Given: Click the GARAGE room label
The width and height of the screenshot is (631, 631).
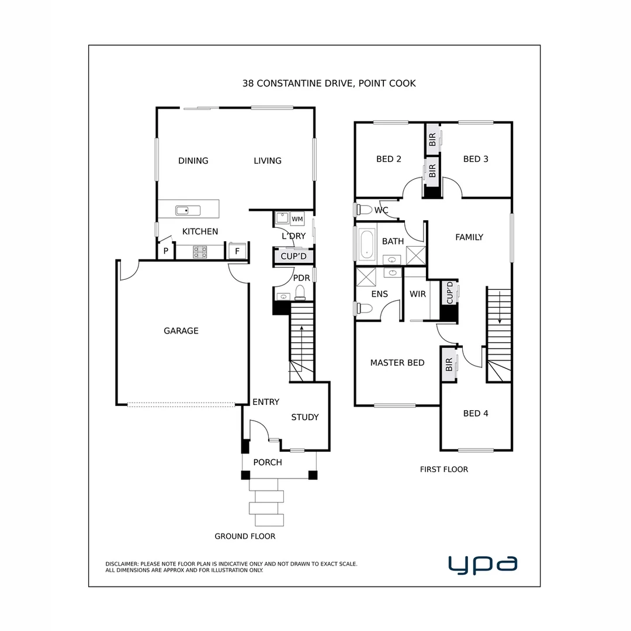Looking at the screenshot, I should coord(181,331).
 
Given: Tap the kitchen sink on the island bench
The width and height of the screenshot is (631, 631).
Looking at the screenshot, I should coord(188,210).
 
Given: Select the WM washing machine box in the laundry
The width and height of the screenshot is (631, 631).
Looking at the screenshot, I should coord(297,219).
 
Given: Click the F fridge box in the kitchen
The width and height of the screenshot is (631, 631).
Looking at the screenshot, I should coord(237,251).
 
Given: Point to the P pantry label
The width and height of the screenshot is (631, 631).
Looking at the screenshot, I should coord(166,251).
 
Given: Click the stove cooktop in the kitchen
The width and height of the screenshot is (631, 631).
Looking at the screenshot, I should coord(200,252).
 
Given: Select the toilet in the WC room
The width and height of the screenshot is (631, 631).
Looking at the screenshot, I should coord(363,209).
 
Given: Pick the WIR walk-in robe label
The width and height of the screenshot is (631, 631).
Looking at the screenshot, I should coord(418,294).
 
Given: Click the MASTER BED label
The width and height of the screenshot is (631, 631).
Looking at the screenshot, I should coord(397,363).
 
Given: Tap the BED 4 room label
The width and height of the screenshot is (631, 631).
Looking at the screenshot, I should coord(476,414).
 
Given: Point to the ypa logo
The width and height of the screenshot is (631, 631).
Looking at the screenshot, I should coord(483,564).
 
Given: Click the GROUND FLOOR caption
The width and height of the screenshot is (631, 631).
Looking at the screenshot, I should coord(245,536).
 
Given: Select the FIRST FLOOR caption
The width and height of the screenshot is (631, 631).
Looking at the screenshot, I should coord(444,469).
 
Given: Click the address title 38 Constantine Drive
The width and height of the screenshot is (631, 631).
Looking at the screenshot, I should coord(329,84).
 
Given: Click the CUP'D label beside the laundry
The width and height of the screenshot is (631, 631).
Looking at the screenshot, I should coord(293,256).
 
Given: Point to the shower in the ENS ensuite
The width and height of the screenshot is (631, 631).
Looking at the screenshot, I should coord(366,276).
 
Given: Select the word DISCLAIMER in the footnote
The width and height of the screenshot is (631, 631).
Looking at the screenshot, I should coord(122,564).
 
